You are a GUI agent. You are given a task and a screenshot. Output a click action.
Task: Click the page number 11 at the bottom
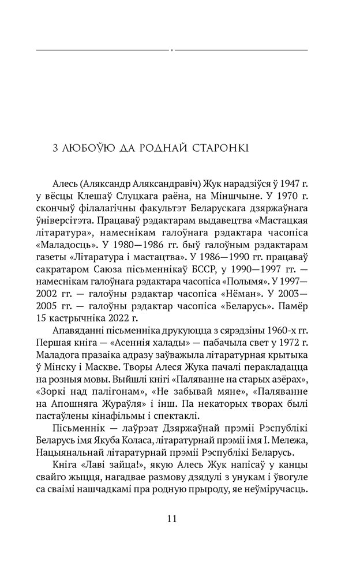tap(171, 518)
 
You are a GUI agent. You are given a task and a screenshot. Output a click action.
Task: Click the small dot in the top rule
tap(172, 50)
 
